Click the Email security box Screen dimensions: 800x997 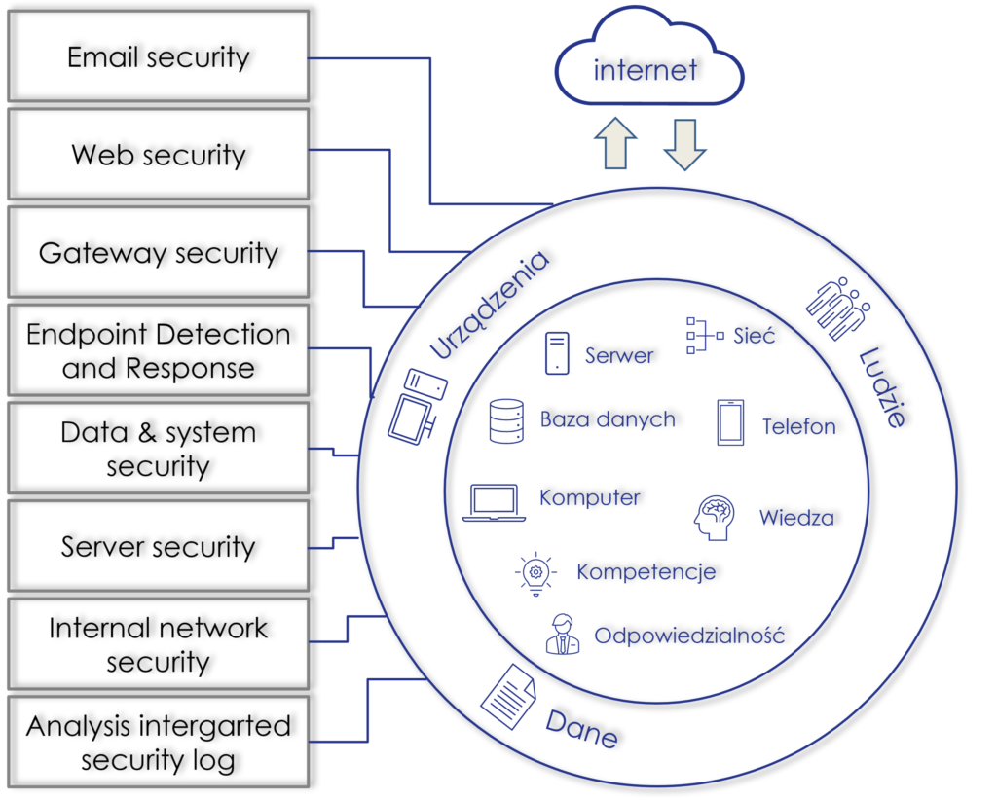tap(158, 57)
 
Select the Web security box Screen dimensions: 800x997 tap(158, 155)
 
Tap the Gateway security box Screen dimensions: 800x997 tap(158, 253)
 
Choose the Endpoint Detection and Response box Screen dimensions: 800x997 tap(158, 351)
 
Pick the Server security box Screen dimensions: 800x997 tap(158, 546)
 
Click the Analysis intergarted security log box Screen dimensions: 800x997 tap(158, 743)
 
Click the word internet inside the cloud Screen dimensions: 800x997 tap(646, 70)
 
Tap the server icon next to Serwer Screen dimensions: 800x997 tap(557, 353)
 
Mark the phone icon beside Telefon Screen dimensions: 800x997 tap(730, 422)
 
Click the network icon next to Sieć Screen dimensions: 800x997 tap(705, 335)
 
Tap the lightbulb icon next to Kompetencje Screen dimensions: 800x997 tap(535, 573)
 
